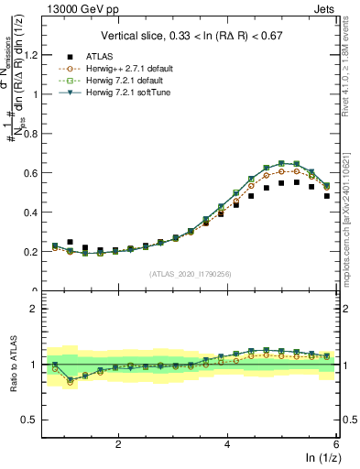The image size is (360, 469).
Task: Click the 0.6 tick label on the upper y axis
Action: click(x=34, y=172)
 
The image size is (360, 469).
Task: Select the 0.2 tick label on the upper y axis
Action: click(x=34, y=251)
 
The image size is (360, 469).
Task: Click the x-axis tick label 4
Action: click(x=227, y=443)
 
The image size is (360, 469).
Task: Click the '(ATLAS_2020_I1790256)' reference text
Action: click(x=191, y=273)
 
